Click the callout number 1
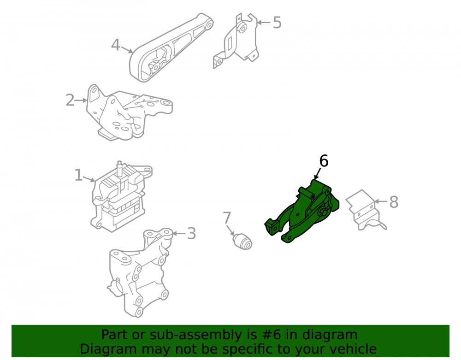[x=78, y=175]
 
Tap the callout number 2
[x=70, y=100]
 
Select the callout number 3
[x=191, y=234]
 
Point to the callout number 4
[x=116, y=45]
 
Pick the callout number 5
[x=277, y=22]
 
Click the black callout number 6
[x=324, y=161]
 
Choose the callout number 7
[x=227, y=218]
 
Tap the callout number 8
[x=394, y=202]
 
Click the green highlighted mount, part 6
[x=303, y=212]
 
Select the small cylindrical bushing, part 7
[x=242, y=242]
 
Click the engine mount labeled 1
[x=120, y=197]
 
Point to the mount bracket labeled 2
[x=130, y=113]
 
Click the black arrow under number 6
[x=317, y=174]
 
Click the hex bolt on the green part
[x=322, y=212]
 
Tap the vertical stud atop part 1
[x=120, y=169]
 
